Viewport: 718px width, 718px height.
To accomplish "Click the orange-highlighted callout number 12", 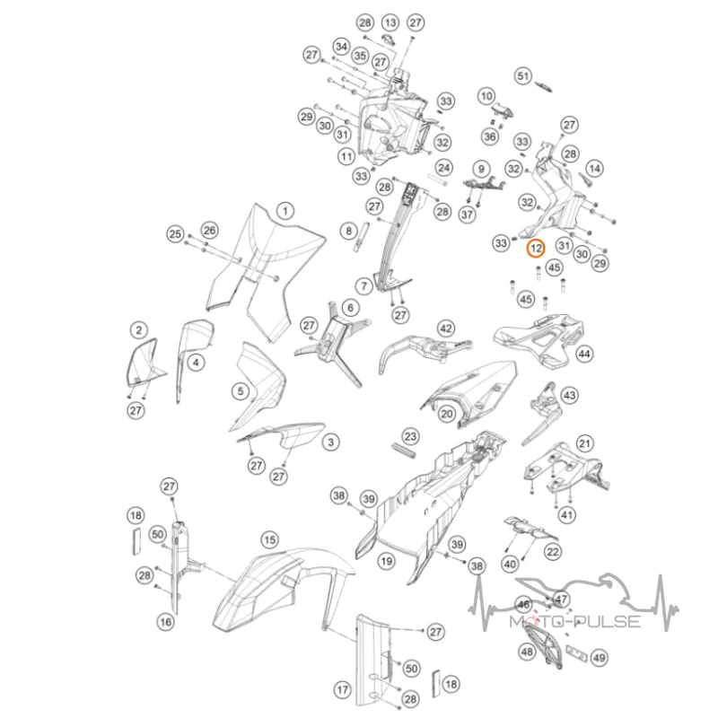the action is tap(536, 249).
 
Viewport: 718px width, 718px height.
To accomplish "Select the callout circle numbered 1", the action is tap(285, 211).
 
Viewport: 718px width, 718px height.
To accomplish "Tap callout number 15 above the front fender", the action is tap(270, 540).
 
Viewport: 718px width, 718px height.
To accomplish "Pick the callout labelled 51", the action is tap(523, 76).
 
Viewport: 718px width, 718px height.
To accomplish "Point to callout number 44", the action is tap(584, 354).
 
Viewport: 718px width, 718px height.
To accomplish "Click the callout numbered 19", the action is tap(387, 561).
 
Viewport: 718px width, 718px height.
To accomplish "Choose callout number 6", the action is tap(350, 308).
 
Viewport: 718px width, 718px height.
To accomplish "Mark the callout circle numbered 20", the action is tap(447, 415).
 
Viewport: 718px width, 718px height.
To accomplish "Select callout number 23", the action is tap(410, 436).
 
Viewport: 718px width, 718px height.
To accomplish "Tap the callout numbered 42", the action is tap(446, 328).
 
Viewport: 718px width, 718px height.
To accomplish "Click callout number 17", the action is tap(343, 689).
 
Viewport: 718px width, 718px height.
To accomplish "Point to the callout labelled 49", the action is tap(599, 658).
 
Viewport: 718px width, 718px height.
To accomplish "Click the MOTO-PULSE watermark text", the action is tap(575, 621).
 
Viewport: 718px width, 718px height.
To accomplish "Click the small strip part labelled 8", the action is tap(360, 237).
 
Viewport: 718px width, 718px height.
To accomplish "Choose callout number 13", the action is tap(390, 22).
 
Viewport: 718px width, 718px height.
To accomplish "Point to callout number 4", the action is tap(196, 363).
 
